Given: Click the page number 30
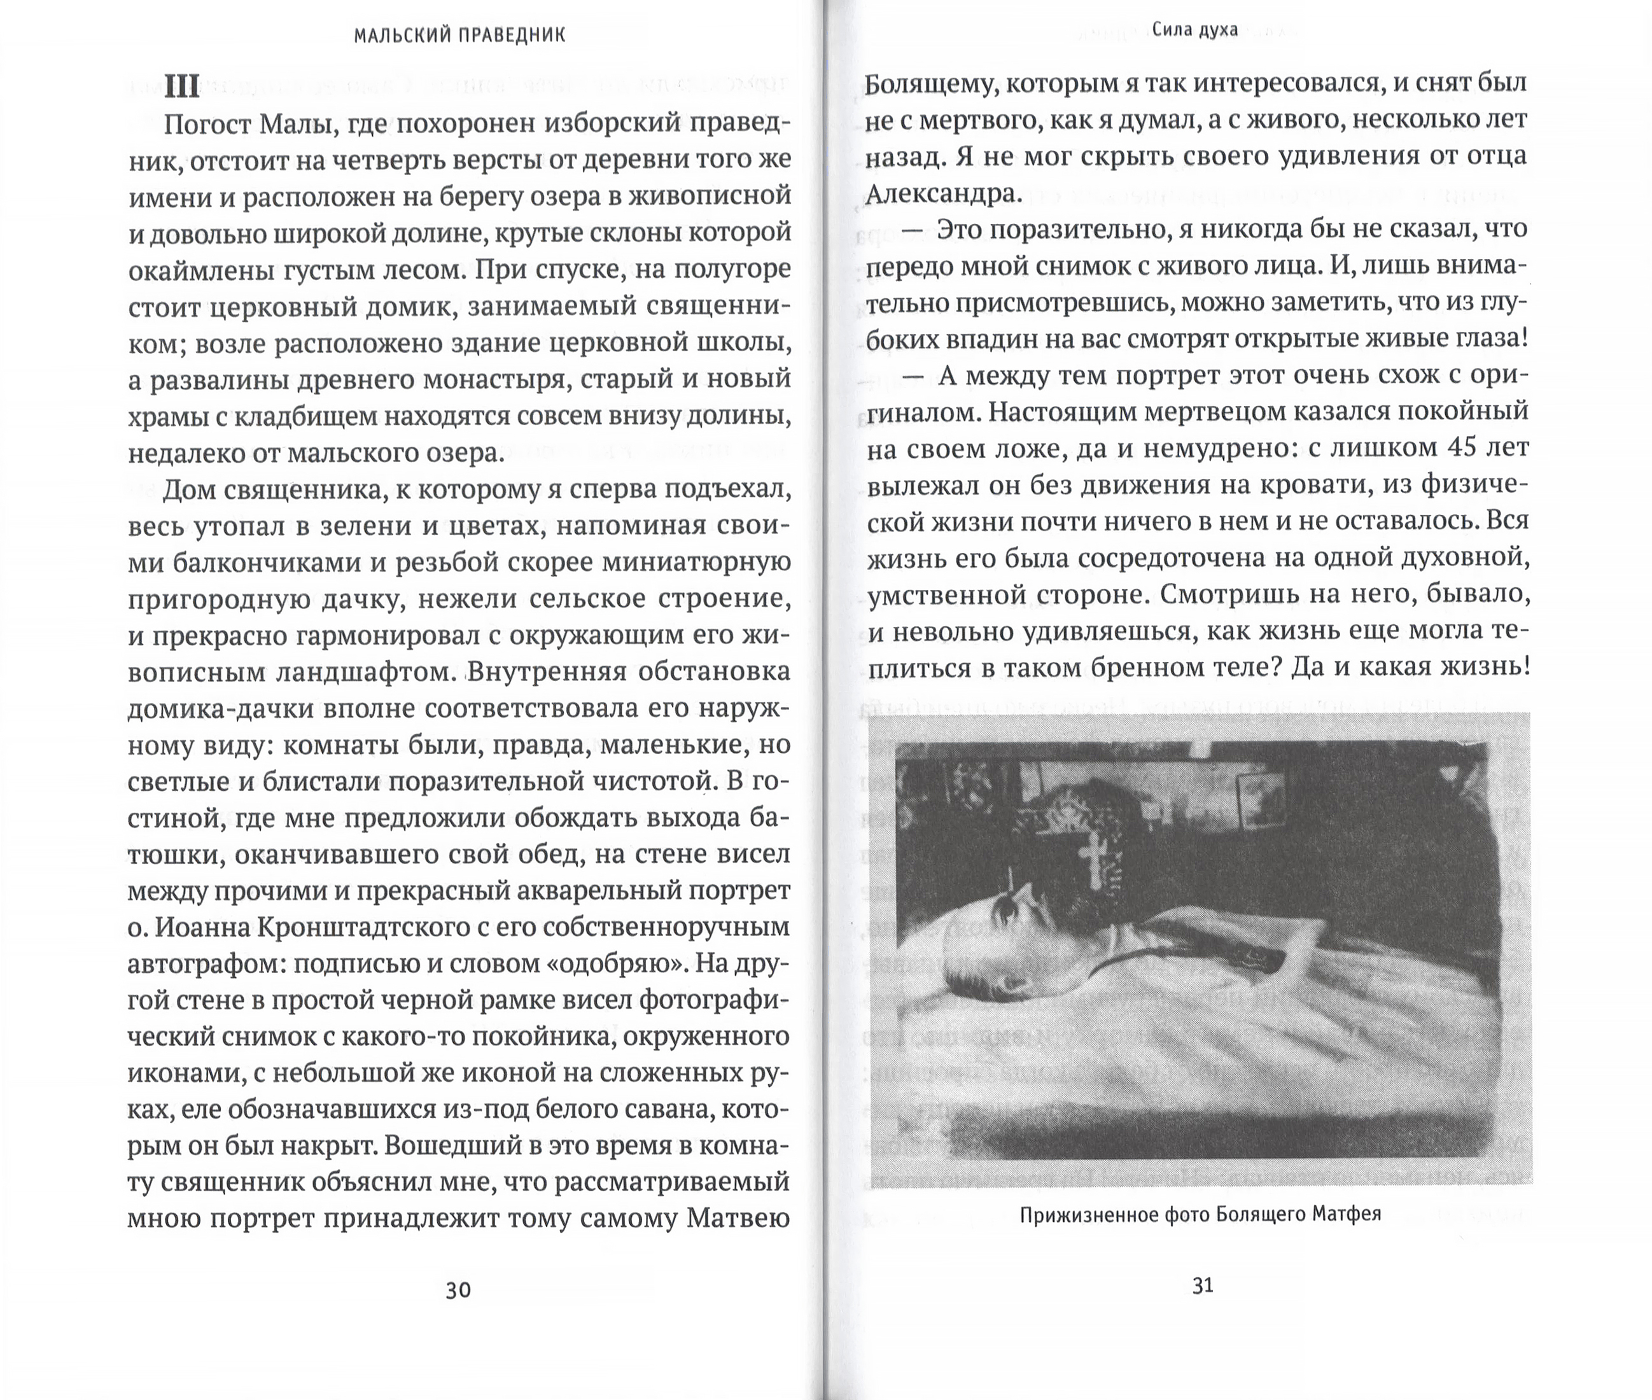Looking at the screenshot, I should [x=458, y=1290].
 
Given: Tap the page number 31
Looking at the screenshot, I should [x=1203, y=1285].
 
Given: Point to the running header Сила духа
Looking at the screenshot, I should [x=1195, y=30].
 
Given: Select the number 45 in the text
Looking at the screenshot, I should [x=1462, y=447].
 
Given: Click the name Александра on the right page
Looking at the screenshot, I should [x=942, y=193].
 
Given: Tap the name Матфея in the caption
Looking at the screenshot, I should [x=1347, y=1214].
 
